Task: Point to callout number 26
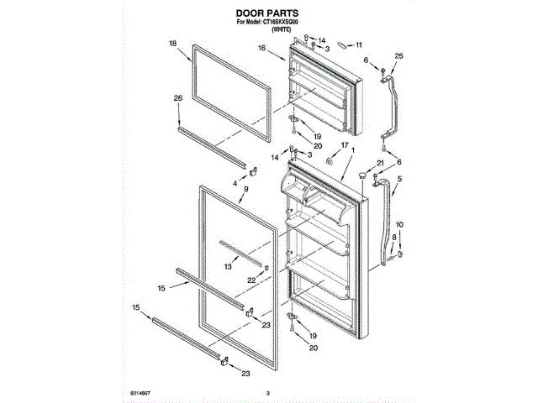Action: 178,98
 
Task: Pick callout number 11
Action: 360,44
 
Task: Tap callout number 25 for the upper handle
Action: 398,55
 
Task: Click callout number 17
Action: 343,146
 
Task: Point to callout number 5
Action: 399,179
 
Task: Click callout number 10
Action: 399,224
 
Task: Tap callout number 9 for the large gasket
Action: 245,190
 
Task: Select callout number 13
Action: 228,265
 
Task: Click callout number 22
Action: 251,280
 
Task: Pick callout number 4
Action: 235,182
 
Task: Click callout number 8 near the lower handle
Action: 393,238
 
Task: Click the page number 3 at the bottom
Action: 268,392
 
